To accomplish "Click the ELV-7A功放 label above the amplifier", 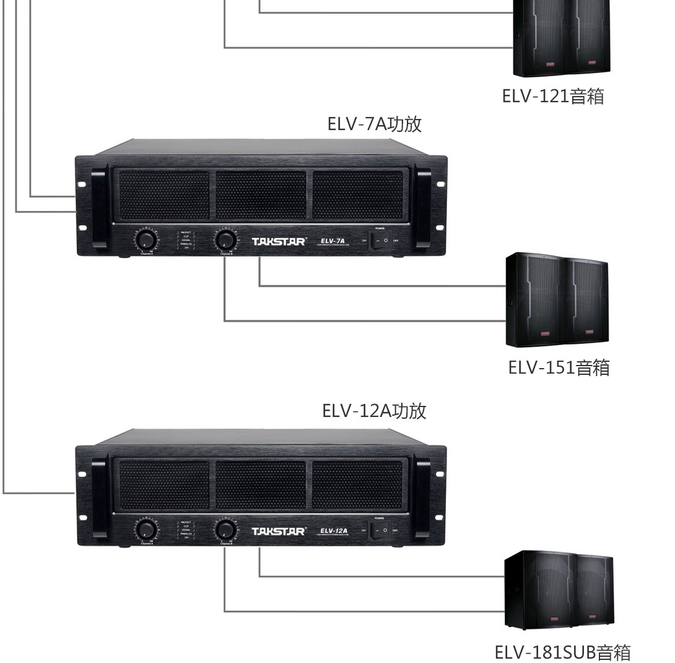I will [x=374, y=123].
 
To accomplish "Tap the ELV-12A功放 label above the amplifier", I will [x=374, y=410].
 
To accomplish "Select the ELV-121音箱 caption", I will [x=552, y=96].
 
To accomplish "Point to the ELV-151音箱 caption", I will [x=559, y=367].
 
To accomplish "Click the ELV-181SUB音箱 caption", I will [x=562, y=652].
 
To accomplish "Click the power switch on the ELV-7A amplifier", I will [x=380, y=240].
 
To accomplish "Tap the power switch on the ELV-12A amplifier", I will [x=380, y=530].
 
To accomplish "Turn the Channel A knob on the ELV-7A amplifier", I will [x=146, y=240].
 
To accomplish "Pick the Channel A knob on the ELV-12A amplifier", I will [x=147, y=530].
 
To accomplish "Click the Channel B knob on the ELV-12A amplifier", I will [x=226, y=530].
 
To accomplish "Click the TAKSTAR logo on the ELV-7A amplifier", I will [x=279, y=241].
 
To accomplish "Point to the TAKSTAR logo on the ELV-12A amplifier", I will [x=279, y=531].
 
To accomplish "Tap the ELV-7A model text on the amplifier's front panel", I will [x=333, y=240].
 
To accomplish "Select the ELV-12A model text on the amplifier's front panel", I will [x=334, y=530].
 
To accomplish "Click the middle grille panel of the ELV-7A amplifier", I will [x=261, y=195].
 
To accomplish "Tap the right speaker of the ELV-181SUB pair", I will [x=593, y=591].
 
